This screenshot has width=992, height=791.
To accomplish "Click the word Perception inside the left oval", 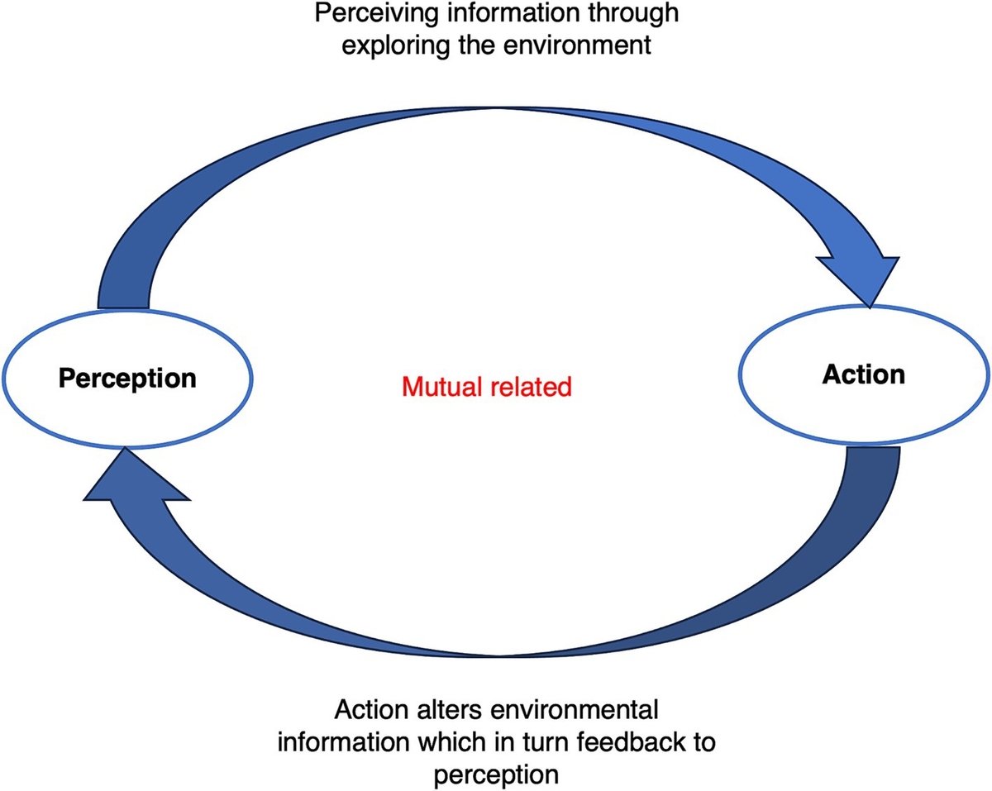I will point(126,379).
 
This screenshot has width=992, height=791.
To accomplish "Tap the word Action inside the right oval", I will point(864,374).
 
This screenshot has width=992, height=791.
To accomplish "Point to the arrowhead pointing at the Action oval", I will point(860,277).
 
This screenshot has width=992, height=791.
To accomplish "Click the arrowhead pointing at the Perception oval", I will point(132,479).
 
